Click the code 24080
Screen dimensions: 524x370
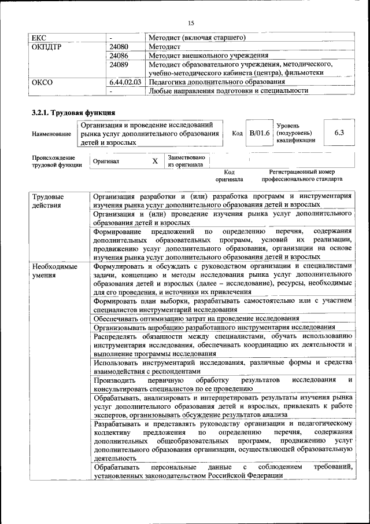pos(119,46)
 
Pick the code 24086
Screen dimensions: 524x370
pos(119,56)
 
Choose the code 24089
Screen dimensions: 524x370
pos(119,64)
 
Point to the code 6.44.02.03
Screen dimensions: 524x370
pos(125,82)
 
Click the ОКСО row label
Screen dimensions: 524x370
pos(42,82)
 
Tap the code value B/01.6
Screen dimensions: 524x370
pos(260,133)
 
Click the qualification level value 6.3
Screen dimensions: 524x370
pos(339,133)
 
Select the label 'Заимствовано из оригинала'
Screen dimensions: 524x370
pos(185,160)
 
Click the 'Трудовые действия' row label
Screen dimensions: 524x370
pos(49,201)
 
